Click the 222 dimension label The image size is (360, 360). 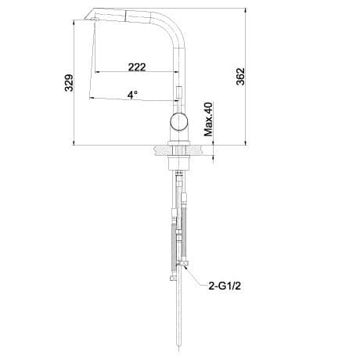tap(137, 67)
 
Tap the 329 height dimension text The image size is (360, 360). tap(69, 83)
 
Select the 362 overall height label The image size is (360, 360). tap(240, 77)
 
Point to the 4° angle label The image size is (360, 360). tap(132, 95)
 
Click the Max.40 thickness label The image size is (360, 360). tap(208, 119)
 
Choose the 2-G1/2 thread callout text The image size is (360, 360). tap(225, 286)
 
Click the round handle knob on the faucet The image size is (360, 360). tap(178, 121)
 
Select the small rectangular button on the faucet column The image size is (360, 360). tap(179, 93)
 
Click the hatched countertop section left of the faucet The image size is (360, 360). tap(163, 150)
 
